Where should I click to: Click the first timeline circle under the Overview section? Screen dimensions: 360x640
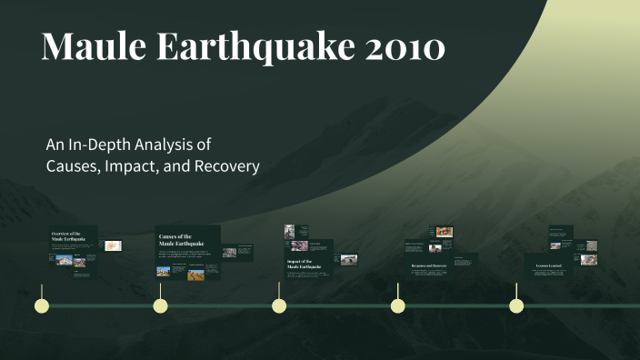click(40, 305)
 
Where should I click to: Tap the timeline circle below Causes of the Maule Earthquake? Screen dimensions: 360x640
click(160, 305)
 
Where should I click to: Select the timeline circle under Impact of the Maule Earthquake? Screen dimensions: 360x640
click(279, 305)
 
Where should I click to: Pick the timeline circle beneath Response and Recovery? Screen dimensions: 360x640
click(397, 305)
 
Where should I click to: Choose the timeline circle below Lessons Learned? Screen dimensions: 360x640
click(516, 305)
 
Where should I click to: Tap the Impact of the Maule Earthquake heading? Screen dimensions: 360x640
click(300, 265)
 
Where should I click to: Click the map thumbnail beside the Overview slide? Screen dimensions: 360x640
click(114, 245)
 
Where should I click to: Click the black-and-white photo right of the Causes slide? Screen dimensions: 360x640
click(229, 253)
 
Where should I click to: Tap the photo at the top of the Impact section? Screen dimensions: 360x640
click(290, 231)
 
